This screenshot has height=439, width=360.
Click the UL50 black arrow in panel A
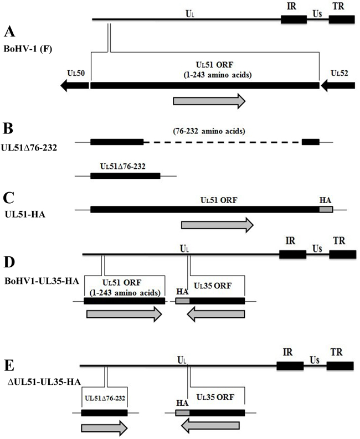tap(74, 85)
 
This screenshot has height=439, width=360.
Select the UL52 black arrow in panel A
tap(337, 85)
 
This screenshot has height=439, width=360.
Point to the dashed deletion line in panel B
tap(222, 142)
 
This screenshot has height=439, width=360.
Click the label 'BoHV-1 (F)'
tap(25, 48)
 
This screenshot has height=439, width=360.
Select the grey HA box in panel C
tap(326, 209)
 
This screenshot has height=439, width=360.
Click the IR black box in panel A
tap(294, 19)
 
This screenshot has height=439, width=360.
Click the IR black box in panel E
tap(290, 366)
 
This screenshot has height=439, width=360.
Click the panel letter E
tap(9, 368)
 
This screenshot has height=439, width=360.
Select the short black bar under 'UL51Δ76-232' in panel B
tap(125, 176)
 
